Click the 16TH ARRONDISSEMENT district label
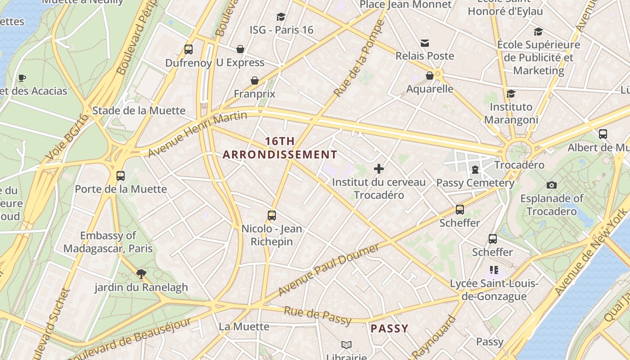[280, 148]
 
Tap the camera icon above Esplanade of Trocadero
[552, 185]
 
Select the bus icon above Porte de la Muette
[120, 175]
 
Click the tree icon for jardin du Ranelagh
[141, 274]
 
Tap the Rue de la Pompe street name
[359, 58]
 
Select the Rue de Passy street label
[317, 315]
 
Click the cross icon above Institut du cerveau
[379, 169]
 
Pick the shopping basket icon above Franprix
[255, 81]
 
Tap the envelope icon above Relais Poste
[424, 43]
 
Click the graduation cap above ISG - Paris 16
[281, 17]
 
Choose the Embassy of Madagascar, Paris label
[108, 242]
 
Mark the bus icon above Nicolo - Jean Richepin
[271, 215]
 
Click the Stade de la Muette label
[139, 111]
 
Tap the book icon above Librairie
[346, 345]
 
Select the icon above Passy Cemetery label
[475, 170]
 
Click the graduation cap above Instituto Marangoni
[511, 94]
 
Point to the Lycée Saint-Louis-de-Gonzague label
[494, 290]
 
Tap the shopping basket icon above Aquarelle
[430, 76]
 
